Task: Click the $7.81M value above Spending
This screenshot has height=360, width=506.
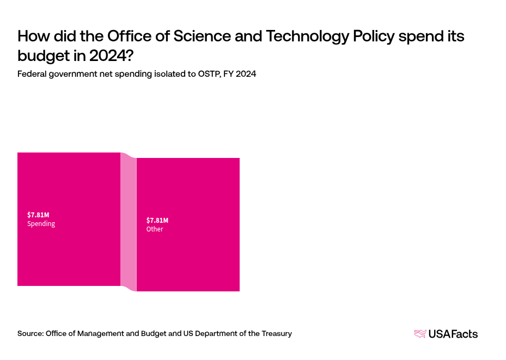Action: coord(38,215)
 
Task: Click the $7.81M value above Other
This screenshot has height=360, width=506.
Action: coord(157,220)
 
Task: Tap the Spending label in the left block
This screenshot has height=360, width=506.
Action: coord(41,224)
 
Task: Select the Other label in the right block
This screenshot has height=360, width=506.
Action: coord(155,229)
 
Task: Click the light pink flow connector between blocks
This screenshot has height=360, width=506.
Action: coord(128,222)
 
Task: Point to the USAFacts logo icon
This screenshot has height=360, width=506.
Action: coord(420,334)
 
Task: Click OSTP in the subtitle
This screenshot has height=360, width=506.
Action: coord(205,74)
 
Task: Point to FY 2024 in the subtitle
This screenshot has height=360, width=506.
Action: coord(240,74)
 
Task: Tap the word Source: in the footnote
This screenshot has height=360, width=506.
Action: coord(31,333)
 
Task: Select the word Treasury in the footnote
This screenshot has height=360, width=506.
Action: coord(276,333)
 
